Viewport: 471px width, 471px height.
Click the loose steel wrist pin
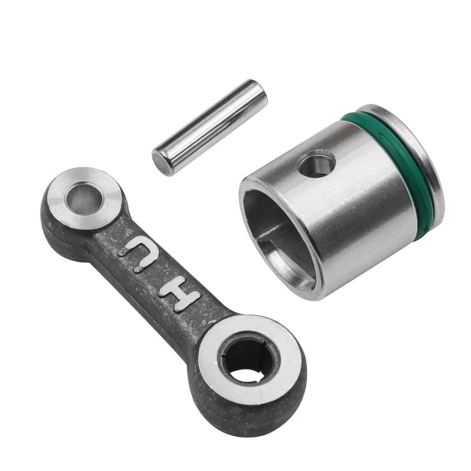(x=209, y=127)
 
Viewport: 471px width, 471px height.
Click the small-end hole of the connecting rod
(x=85, y=198)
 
